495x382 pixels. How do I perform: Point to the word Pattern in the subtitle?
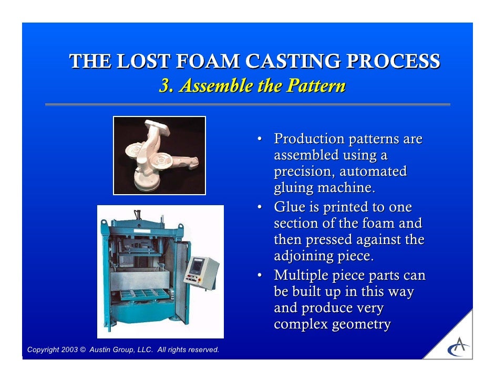(x=316, y=86)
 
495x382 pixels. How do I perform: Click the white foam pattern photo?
(x=159, y=155)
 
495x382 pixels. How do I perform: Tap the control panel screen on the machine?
(x=196, y=266)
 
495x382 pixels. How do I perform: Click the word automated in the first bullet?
(x=373, y=172)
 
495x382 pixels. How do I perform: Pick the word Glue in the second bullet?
(x=289, y=207)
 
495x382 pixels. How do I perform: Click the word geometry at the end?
(x=361, y=325)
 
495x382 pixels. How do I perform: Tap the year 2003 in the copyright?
(x=68, y=350)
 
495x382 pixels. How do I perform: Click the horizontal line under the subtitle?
(x=247, y=104)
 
